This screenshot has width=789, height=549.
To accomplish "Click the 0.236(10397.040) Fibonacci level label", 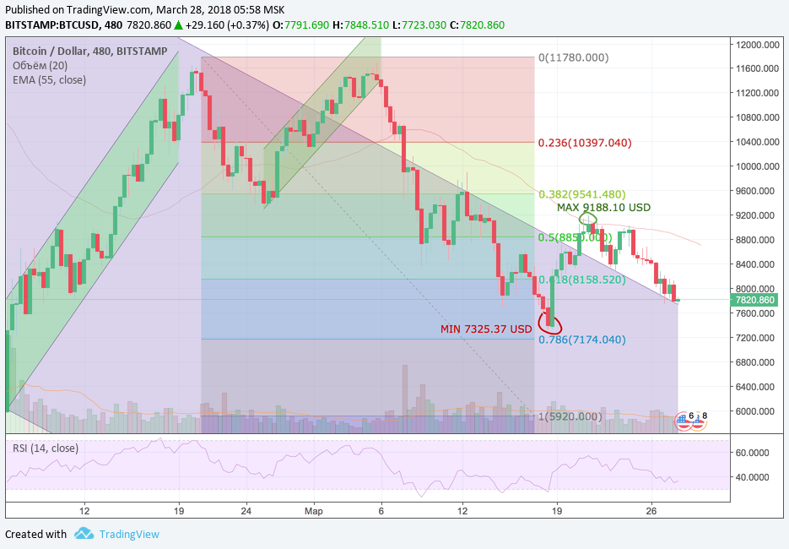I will (585, 143).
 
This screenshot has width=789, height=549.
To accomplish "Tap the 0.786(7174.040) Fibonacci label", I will (581, 340).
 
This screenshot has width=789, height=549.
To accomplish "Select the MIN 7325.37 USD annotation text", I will (487, 329).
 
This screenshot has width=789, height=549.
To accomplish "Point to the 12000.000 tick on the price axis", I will (755, 44).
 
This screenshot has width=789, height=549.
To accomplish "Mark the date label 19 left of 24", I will (178, 512).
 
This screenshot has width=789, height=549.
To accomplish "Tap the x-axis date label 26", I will (650, 512).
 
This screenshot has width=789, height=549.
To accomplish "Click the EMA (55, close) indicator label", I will (49, 80).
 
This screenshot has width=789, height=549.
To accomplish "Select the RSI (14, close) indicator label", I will (45, 448).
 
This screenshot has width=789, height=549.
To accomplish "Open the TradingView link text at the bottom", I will (128, 534).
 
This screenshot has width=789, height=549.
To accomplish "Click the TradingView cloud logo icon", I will (84, 534).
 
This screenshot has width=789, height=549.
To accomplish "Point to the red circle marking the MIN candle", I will (549, 323).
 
